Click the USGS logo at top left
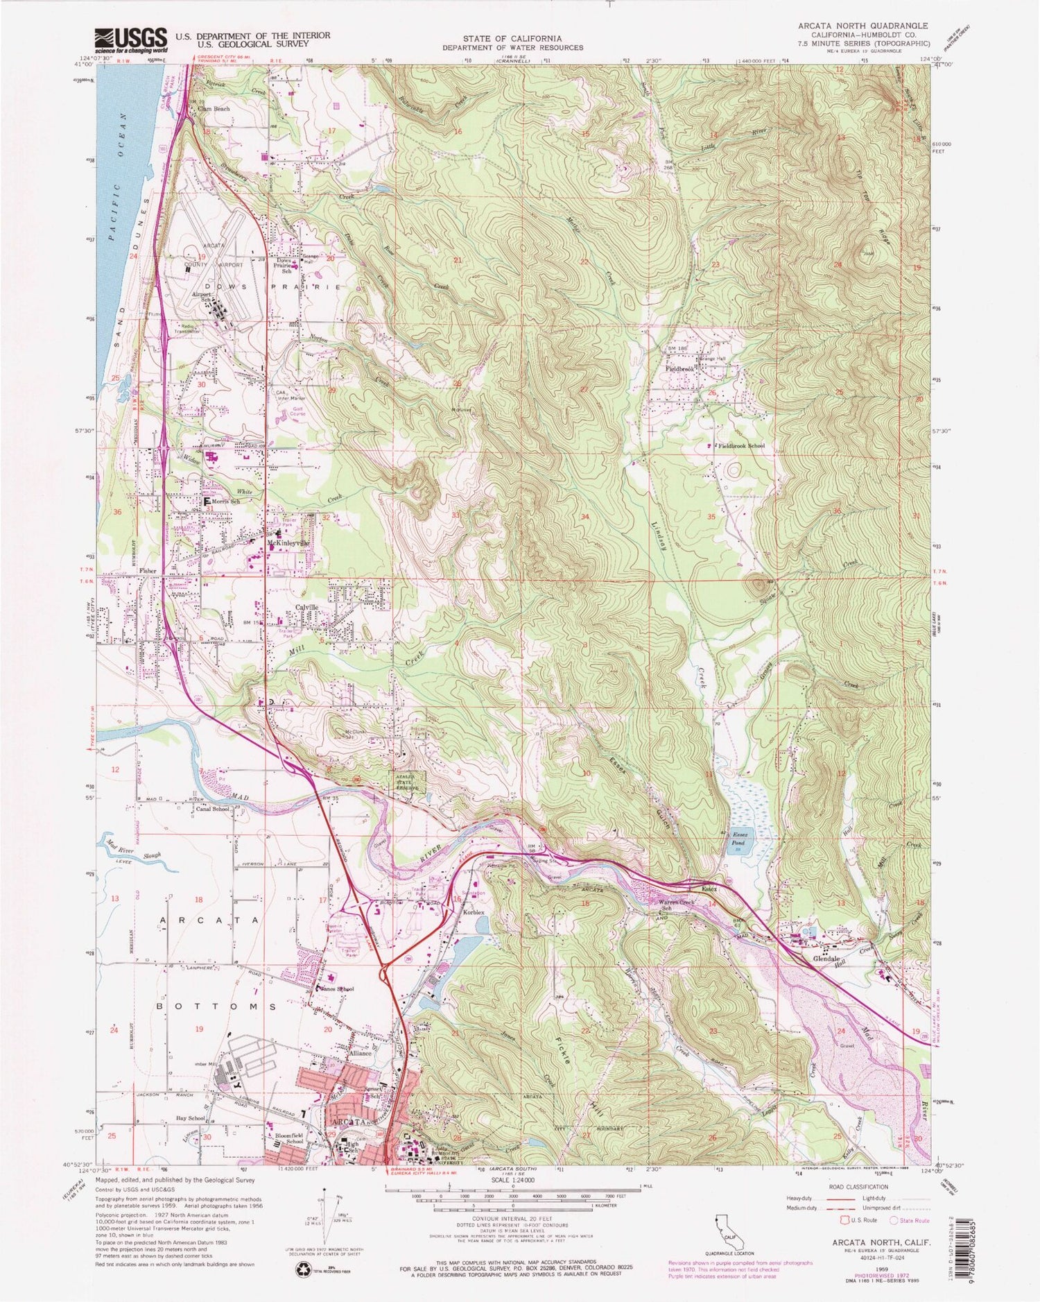[x=131, y=40]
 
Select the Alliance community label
[x=361, y=1053]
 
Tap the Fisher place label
[x=148, y=571]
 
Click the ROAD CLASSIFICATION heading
[x=858, y=1187]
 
